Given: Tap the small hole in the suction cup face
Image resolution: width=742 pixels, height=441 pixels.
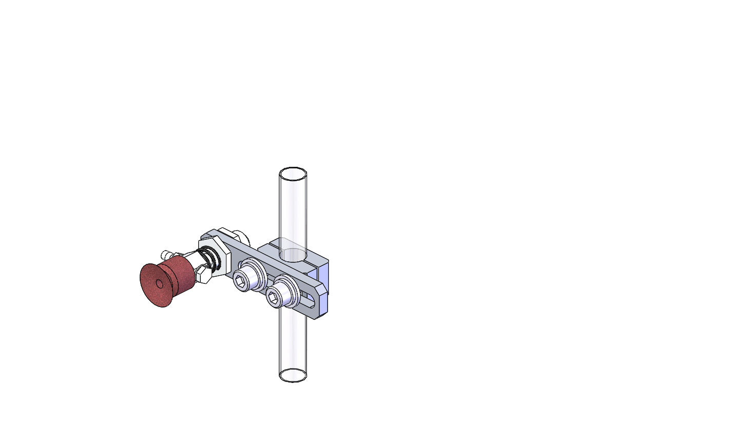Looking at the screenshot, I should pyautogui.click(x=159, y=283).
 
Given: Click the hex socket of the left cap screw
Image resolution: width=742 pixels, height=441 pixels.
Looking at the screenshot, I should pyautogui.click(x=240, y=280).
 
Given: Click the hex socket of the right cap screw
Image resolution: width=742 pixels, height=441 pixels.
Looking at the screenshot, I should pyautogui.click(x=273, y=298).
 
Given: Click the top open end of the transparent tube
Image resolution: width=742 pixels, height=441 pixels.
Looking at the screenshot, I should pyautogui.click(x=293, y=174).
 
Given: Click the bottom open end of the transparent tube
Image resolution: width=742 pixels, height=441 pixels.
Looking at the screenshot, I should pyautogui.click(x=293, y=375).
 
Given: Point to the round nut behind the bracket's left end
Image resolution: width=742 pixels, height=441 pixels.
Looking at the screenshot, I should pyautogui.click(x=242, y=237).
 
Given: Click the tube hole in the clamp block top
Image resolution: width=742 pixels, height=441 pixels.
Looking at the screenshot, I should pyautogui.click(x=293, y=254).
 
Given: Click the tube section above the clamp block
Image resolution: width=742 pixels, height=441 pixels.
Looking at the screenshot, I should pyautogui.click(x=293, y=210).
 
